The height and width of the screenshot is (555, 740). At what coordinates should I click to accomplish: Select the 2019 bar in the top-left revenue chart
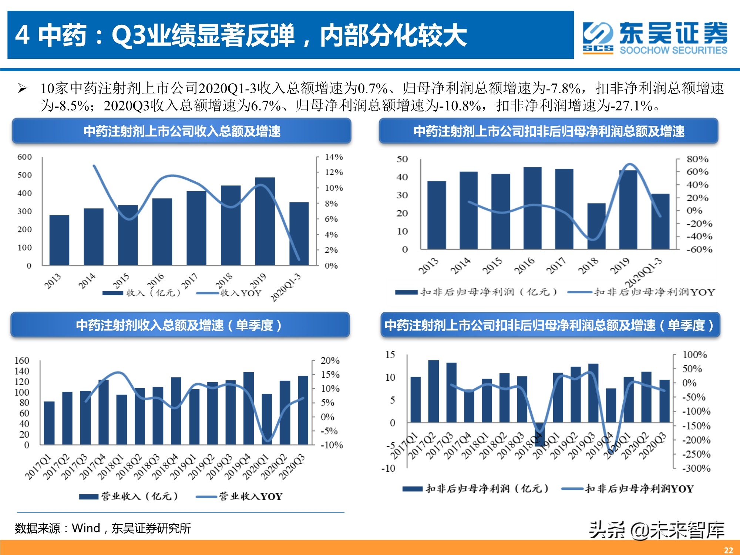265,222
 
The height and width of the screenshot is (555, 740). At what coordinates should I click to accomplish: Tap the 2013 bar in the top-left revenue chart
59,240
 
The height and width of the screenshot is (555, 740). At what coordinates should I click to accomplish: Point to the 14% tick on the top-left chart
334,157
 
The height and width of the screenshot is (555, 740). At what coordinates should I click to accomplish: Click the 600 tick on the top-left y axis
24,157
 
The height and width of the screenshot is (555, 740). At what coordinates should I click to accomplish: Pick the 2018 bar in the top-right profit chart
596,226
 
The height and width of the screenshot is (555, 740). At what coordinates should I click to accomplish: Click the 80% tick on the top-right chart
697,159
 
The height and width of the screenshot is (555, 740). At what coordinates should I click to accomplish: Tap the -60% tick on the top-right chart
699,249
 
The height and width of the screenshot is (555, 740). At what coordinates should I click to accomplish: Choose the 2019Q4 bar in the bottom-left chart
249,409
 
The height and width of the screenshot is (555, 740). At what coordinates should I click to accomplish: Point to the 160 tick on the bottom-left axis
22,360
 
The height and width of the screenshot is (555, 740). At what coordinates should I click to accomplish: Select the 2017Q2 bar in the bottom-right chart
434,391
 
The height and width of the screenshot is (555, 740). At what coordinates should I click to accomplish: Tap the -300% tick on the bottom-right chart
696,468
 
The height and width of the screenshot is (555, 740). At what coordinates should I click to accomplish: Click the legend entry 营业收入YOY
250,496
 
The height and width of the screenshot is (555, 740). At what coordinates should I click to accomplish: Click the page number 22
728,550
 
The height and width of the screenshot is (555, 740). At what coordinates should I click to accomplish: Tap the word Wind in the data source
86,528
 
